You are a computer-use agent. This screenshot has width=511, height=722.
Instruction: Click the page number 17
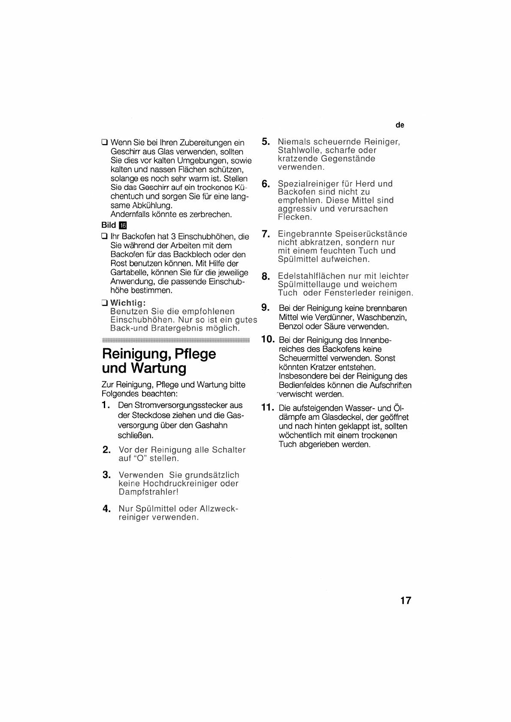point(405,600)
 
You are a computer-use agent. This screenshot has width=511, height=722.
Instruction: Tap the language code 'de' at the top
point(400,125)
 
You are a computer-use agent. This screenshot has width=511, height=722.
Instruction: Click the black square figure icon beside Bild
point(123,226)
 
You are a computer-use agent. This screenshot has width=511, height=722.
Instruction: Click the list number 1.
point(106,406)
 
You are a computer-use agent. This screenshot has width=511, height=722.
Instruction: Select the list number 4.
point(107,509)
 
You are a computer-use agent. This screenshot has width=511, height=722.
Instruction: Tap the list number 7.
point(266,234)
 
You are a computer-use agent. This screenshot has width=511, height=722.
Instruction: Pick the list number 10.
point(267,340)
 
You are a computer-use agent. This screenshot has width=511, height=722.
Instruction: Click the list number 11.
point(267,408)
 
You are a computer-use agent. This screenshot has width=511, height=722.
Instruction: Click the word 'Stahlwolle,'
point(299,150)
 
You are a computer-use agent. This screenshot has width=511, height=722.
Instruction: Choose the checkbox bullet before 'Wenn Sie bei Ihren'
point(104,142)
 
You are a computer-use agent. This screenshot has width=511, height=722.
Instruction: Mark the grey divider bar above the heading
point(176,341)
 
